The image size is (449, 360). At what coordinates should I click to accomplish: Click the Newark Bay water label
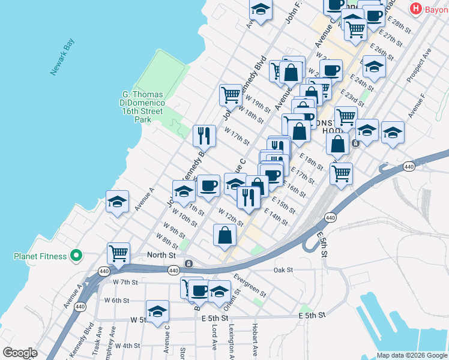62,57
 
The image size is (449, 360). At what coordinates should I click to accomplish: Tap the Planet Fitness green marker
76,256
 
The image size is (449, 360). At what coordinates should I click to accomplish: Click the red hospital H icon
414,9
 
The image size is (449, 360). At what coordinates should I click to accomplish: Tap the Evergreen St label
250,284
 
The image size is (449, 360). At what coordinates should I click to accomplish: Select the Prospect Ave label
419,68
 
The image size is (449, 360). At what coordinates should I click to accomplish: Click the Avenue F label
416,106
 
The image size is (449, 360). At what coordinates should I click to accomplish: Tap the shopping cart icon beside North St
118,253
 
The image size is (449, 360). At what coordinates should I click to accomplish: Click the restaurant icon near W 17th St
204,136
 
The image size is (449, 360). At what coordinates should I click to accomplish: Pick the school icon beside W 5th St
157,311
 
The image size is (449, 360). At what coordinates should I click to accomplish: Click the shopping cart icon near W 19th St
231,94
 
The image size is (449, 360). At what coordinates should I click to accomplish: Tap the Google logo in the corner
20,353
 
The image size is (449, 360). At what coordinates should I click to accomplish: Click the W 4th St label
127,346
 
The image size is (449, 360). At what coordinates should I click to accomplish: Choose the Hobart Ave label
255,340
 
